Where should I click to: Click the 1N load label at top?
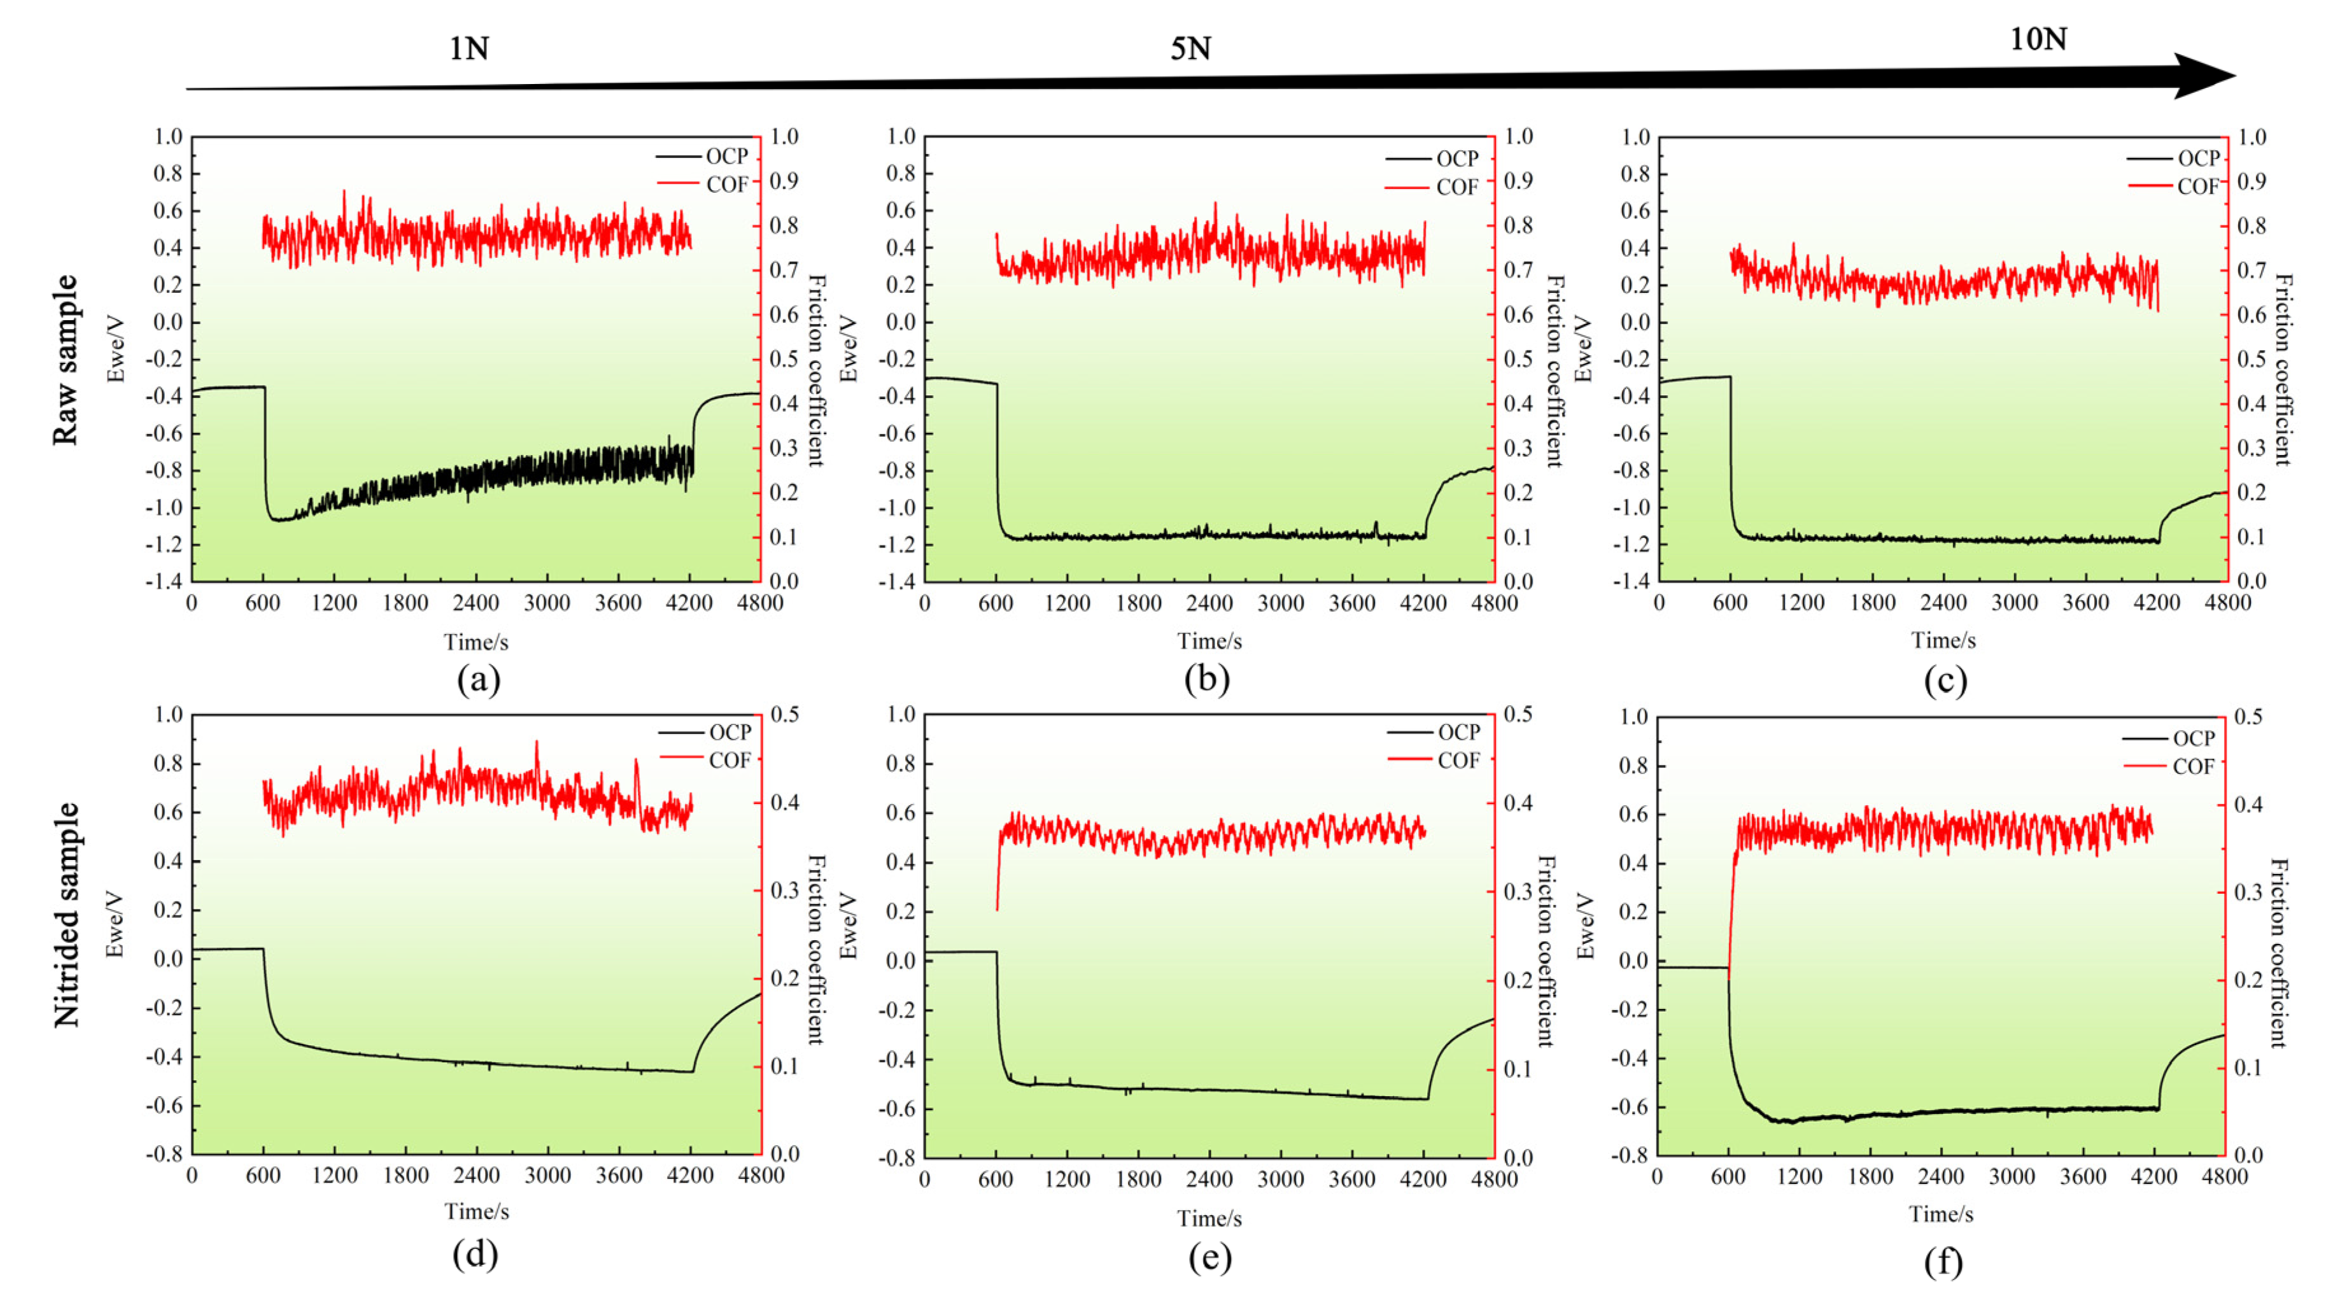[469, 47]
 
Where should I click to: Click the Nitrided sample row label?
[66, 915]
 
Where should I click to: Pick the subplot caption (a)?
[478, 680]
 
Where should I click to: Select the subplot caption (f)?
[1943, 1262]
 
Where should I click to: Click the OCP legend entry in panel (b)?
[1456, 158]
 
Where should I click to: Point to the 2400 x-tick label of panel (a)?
[476, 603]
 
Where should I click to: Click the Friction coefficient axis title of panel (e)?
[1546, 951]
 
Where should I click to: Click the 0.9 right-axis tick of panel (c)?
[2251, 181]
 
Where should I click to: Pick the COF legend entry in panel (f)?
[2192, 766]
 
